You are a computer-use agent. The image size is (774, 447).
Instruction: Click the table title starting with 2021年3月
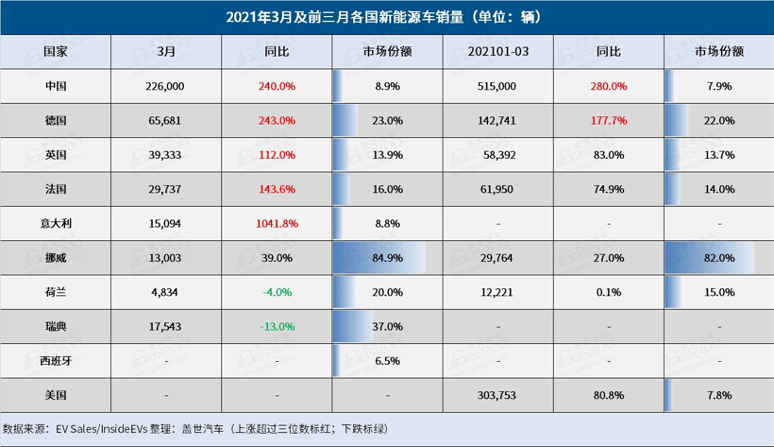386,17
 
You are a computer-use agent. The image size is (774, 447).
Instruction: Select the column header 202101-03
498,49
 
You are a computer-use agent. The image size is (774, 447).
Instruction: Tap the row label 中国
56,85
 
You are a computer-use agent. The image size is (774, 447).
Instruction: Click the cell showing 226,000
167,85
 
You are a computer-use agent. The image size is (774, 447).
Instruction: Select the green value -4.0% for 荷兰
277,292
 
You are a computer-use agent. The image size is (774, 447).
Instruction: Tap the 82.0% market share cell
718,257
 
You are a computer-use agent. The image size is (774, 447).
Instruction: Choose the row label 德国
56,120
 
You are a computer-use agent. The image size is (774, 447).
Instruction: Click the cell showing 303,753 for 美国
498,395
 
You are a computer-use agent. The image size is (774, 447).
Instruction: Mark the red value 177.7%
609,120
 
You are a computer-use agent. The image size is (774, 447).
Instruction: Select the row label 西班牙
56,361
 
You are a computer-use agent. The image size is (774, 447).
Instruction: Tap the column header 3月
167,49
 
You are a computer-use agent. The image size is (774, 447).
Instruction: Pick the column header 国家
56,49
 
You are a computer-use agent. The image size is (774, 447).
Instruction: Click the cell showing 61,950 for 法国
498,188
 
